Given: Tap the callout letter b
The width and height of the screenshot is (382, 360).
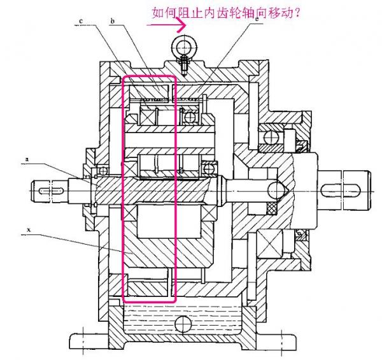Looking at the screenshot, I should pyautogui.click(x=112, y=20).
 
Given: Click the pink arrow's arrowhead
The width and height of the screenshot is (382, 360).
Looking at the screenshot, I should pyautogui.click(x=183, y=26).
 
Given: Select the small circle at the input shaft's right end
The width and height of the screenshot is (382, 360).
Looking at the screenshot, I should pyautogui.click(x=276, y=190).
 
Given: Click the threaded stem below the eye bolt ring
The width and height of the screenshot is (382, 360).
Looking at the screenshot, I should pyautogui.click(x=184, y=63).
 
